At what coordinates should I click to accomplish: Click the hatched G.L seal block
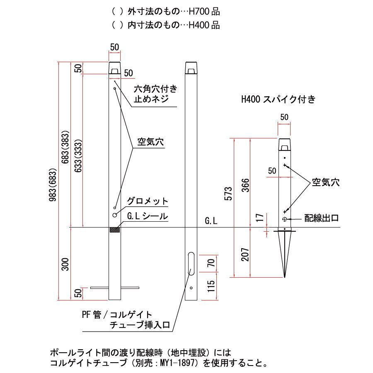pyautogui.click(x=115, y=230)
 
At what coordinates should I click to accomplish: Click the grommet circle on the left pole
pyautogui.click(x=115, y=215)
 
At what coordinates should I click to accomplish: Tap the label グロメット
pyautogui.click(x=148, y=201)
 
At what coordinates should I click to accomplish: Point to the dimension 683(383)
pyautogui.click(x=65, y=147)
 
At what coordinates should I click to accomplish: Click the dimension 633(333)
pyautogui.click(x=78, y=156)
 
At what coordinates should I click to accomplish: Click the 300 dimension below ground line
pyautogui.click(x=65, y=264)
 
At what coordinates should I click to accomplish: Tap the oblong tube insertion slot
pyautogui.click(x=191, y=264)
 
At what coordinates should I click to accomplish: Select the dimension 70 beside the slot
pyautogui.click(x=211, y=263)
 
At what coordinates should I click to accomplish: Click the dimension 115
pyautogui.click(x=211, y=286)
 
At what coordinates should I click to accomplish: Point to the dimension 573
pyautogui.click(x=228, y=194)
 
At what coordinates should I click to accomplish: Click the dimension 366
pyautogui.click(x=245, y=185)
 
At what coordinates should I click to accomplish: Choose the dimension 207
pyautogui.click(x=245, y=254)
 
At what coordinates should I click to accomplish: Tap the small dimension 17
pyautogui.click(x=260, y=218)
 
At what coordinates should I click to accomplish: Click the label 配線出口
pyautogui.click(x=322, y=218)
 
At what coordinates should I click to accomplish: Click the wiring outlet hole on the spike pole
pyautogui.click(x=284, y=219)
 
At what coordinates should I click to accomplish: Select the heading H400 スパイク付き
pyautogui.click(x=279, y=99)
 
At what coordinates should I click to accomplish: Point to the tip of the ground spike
pyautogui.click(x=284, y=277)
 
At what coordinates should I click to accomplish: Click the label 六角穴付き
pyautogui.click(x=155, y=89)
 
